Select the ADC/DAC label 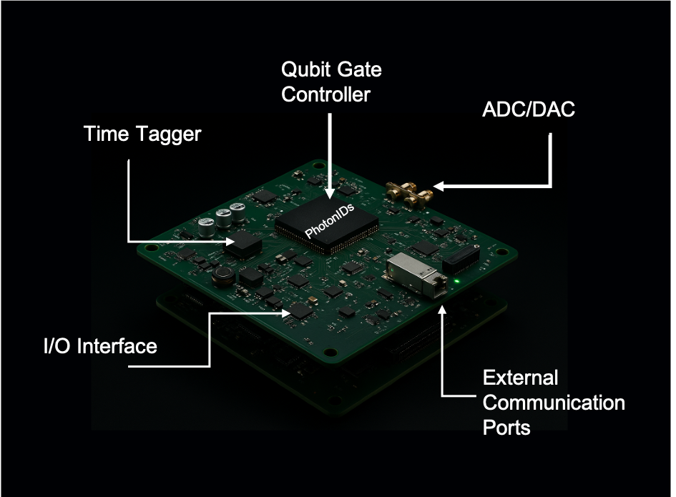[519, 111]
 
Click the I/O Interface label [99, 346]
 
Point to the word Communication [554, 403]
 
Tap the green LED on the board [456, 282]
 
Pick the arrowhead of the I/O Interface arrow [288, 313]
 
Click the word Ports [506, 427]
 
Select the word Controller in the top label [325, 94]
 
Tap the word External [520, 378]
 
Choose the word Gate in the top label [362, 70]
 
